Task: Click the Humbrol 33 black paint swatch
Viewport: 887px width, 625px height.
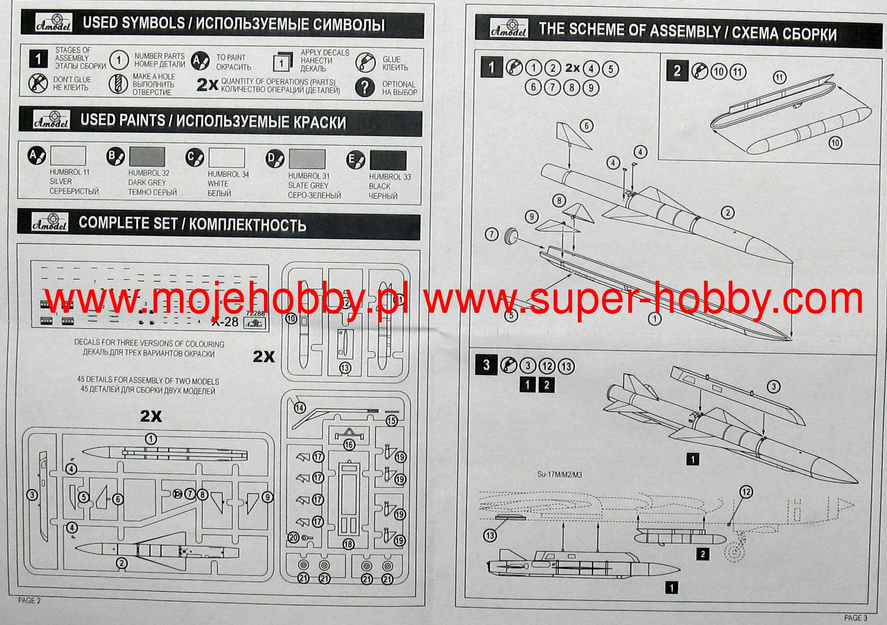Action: click(388, 160)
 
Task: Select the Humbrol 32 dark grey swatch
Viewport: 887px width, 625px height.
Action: click(147, 157)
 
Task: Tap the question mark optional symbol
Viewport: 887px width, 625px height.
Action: click(364, 87)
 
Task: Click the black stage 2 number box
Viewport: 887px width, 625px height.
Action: click(677, 71)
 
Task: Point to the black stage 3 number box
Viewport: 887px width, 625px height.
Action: click(486, 365)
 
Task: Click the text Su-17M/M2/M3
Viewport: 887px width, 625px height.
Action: click(559, 475)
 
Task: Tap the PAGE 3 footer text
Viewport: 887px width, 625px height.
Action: click(855, 618)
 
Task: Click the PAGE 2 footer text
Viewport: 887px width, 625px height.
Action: click(29, 600)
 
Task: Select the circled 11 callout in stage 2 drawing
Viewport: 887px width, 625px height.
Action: click(779, 78)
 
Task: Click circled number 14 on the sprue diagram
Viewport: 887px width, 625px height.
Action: click(300, 408)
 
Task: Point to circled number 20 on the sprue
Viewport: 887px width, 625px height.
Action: click(293, 537)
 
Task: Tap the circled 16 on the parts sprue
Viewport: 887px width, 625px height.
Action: click(349, 445)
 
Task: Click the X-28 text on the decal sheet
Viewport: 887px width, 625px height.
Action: click(225, 322)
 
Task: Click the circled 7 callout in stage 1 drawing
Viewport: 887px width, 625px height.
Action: click(491, 234)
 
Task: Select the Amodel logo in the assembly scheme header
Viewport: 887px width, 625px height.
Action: click(508, 29)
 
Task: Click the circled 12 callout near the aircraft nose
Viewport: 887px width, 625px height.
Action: click(746, 492)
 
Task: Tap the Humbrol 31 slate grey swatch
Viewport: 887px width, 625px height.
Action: click(307, 159)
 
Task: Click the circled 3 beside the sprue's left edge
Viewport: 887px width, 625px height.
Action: click(33, 495)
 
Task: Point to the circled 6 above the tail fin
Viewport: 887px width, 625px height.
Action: click(586, 126)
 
